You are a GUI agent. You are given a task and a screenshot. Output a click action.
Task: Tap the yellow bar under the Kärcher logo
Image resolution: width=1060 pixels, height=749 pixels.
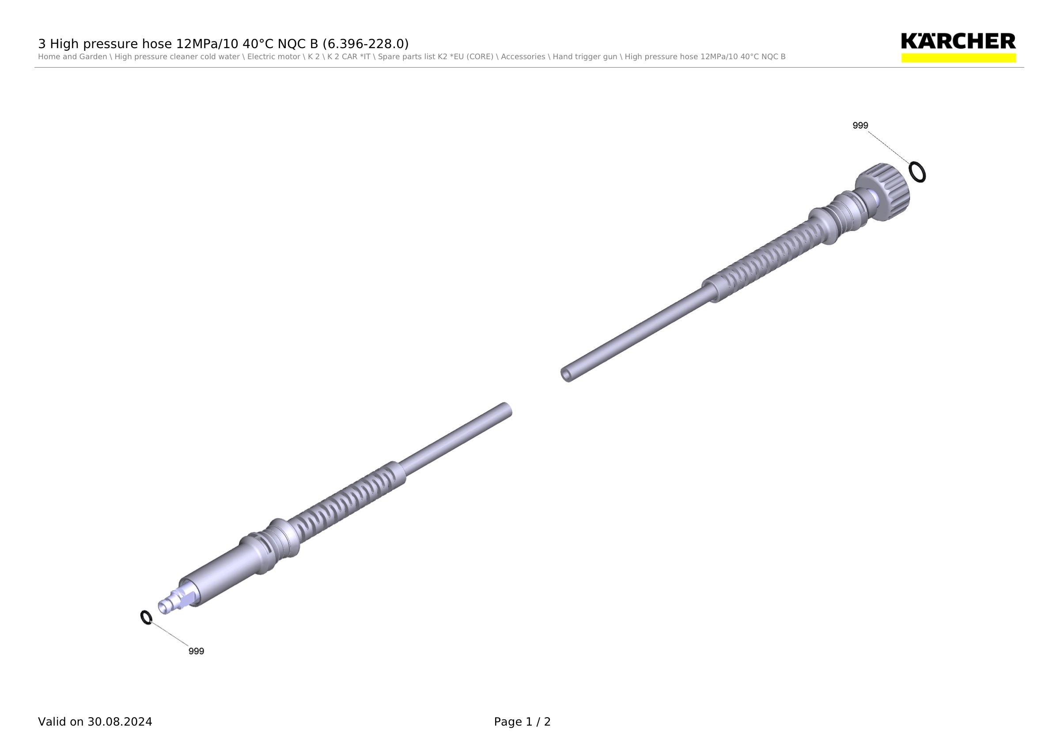[958, 58]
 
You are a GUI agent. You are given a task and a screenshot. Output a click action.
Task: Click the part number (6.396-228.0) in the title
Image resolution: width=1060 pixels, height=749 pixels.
[366, 44]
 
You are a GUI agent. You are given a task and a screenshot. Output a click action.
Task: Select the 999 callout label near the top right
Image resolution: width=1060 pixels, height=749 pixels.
[860, 125]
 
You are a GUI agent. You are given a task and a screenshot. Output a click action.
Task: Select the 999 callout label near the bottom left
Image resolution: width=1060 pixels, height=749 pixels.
[196, 651]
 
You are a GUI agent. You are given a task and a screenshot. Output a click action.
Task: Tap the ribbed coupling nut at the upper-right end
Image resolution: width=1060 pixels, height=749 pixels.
[883, 192]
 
